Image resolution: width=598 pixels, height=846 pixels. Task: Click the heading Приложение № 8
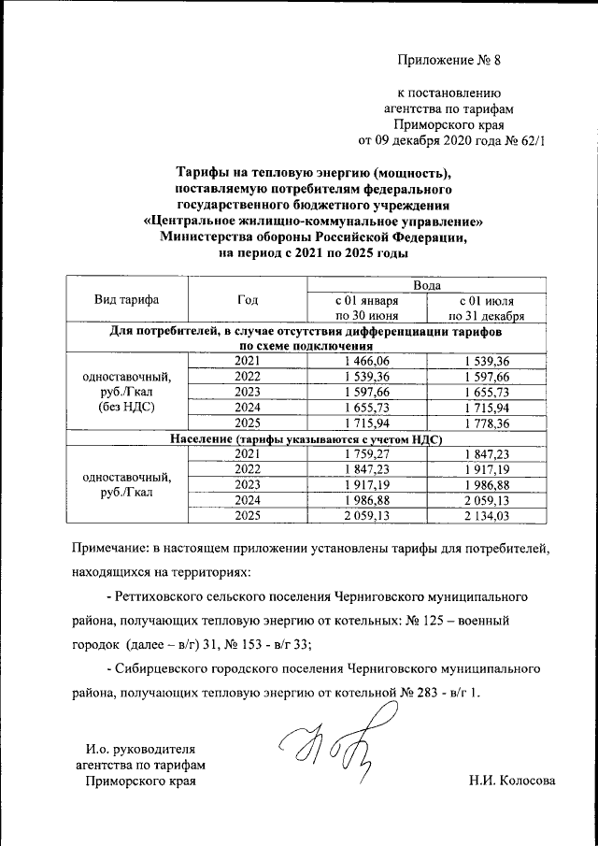pyautogui.click(x=449, y=63)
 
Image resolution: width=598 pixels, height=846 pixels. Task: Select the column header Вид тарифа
pyautogui.click(x=126, y=300)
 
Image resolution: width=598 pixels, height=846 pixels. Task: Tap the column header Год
pyautogui.click(x=248, y=300)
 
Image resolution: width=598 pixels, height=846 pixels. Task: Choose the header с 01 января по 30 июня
pyautogui.click(x=366, y=308)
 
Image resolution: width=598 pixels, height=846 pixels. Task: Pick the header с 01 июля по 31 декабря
pyautogui.click(x=485, y=308)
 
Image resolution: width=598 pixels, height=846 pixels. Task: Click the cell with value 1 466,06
pyautogui.click(x=366, y=362)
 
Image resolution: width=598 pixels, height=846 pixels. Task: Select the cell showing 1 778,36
pyautogui.click(x=485, y=424)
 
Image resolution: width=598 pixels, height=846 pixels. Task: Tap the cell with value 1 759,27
pyautogui.click(x=366, y=454)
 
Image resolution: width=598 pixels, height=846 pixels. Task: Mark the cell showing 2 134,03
pyautogui.click(x=485, y=515)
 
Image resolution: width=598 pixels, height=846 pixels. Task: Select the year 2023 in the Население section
pyautogui.click(x=248, y=484)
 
